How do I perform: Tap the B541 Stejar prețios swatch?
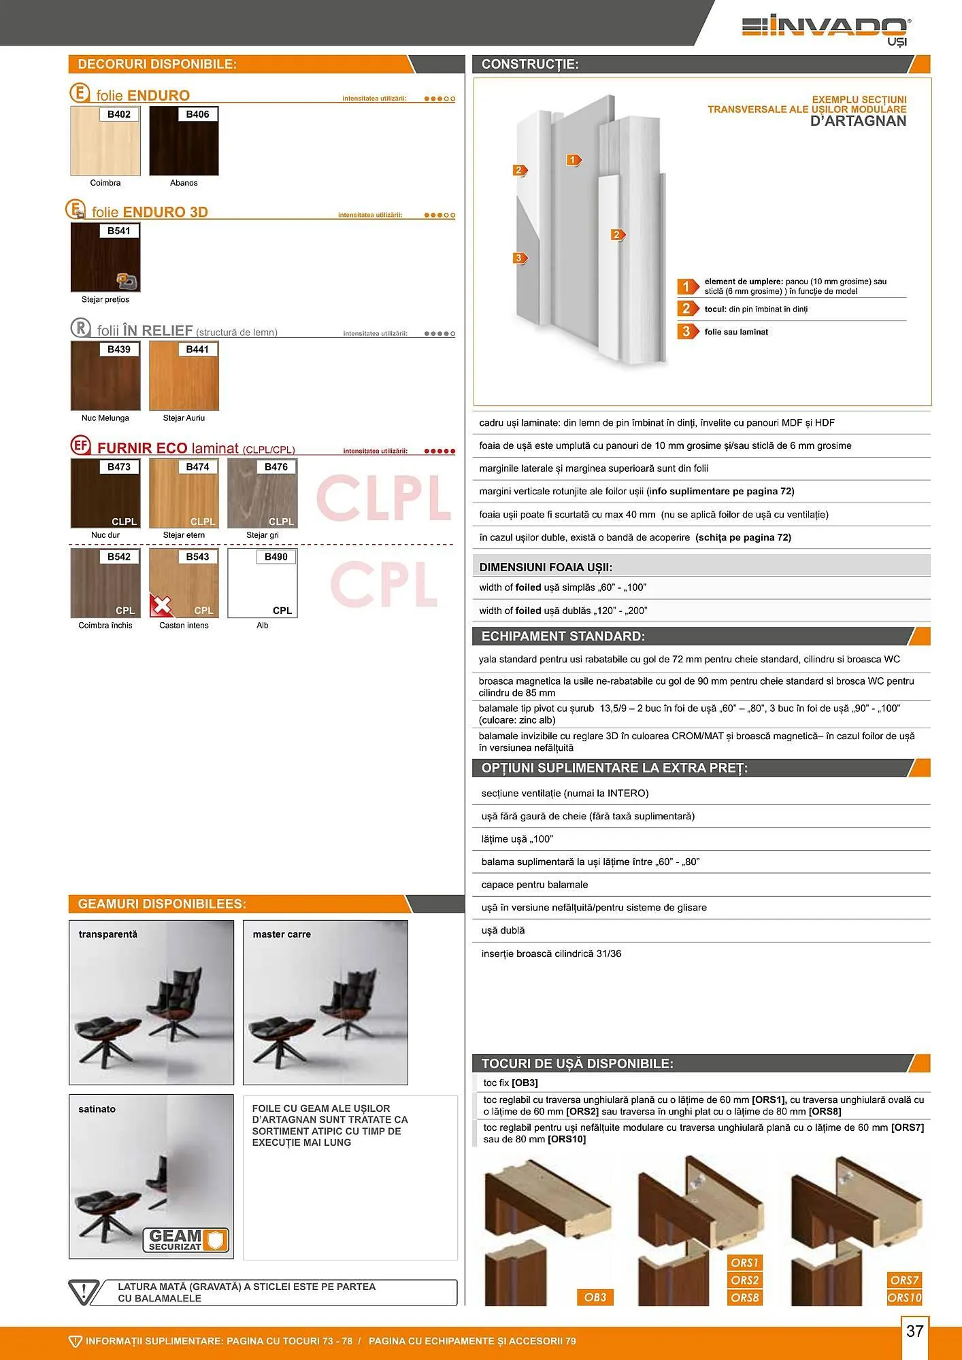105,258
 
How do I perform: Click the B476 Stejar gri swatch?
263,494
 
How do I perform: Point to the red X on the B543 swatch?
161,605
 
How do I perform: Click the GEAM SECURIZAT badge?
186,1240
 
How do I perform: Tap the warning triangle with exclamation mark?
84,1292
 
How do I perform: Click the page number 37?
915,1331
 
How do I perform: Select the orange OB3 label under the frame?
595,1297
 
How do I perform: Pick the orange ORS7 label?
904,1280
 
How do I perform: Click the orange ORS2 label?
745,1280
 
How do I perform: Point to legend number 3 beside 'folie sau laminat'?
686,332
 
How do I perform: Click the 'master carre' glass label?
282,934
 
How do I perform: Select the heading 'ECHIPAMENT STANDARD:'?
563,636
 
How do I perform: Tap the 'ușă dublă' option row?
503,930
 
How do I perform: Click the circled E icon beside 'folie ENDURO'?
80,93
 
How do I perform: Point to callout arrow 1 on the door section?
574,160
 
